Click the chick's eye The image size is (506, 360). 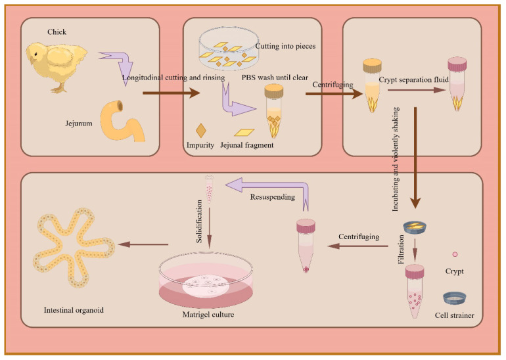point(35,54)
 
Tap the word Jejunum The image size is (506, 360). point(79,124)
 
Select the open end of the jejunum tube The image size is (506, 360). point(120,105)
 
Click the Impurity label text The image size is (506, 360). point(200,145)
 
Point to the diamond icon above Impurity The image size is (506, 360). point(200,130)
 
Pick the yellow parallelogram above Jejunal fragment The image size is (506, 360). point(244,132)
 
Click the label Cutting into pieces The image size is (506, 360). point(285,46)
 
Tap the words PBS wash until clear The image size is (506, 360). point(275,78)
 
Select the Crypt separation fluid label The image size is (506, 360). point(414,79)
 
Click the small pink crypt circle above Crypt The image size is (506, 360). point(455,254)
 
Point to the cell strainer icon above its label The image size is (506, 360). point(454,298)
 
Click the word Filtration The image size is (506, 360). point(401,250)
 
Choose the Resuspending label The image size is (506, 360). point(272,197)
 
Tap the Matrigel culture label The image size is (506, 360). point(208,315)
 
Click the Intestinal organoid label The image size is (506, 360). point(74,310)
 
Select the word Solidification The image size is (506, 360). point(199,221)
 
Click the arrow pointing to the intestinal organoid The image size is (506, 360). point(144,244)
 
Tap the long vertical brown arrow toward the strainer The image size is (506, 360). point(415,158)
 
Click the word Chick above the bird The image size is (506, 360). point(57,32)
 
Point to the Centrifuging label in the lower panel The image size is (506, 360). point(359,236)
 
